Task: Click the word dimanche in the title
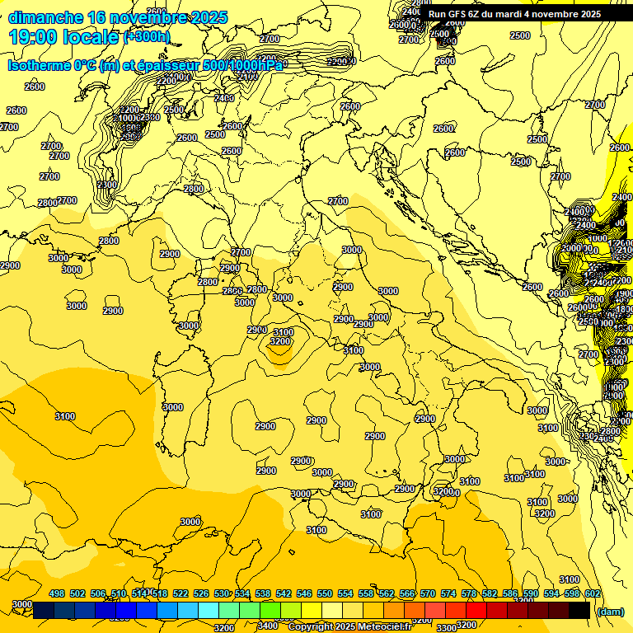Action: point(46,17)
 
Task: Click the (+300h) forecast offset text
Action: point(147,37)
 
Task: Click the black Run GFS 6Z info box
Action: point(514,14)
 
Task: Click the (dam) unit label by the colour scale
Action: point(610,611)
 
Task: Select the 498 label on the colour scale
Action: point(57,593)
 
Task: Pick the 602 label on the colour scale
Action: point(593,593)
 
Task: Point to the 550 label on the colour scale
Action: point(325,593)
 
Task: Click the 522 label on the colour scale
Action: point(181,593)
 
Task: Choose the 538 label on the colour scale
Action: point(263,593)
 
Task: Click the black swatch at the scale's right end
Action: point(579,610)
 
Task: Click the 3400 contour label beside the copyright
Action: point(267,626)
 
